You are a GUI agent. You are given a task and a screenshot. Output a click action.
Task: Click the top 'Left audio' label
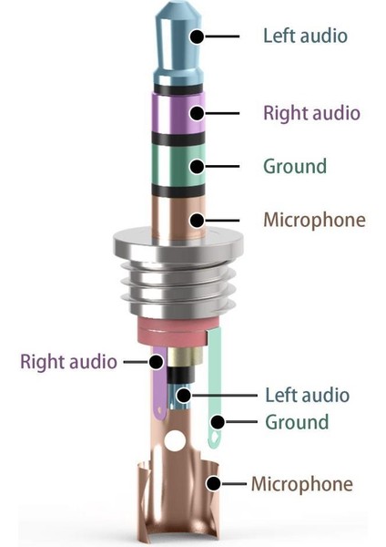(305, 36)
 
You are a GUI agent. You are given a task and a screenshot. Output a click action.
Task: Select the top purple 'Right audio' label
(311, 113)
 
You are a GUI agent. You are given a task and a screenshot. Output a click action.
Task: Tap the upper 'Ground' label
(294, 167)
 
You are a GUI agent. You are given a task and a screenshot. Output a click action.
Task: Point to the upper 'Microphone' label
(314, 220)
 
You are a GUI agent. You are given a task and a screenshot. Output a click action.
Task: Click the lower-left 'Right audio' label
(68, 361)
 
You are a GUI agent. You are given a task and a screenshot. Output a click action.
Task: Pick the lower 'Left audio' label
(307, 395)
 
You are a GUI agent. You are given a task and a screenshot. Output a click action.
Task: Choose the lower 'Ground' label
(297, 422)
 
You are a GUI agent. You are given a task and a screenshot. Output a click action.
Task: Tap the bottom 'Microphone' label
(301, 483)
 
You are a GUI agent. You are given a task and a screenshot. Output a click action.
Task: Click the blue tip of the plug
(178, 41)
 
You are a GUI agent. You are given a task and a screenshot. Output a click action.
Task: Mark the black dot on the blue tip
(196, 37)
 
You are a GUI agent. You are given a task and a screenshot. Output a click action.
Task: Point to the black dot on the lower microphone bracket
(212, 484)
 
